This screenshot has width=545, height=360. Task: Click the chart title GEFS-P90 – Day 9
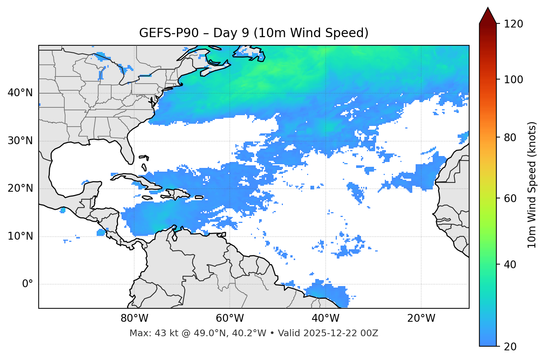click(x=254, y=33)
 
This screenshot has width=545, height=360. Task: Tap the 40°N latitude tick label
click(x=20, y=93)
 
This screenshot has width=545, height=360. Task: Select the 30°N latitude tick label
click(x=20, y=141)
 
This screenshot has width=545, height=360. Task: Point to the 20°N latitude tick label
click(x=20, y=188)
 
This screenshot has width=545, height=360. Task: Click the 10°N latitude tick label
click(x=20, y=236)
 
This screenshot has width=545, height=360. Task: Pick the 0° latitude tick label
click(x=27, y=284)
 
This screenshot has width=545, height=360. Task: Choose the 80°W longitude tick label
click(x=134, y=318)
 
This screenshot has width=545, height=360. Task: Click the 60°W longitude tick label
click(x=230, y=318)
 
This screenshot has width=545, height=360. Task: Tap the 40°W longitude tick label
click(x=325, y=318)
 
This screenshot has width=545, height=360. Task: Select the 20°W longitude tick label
click(x=421, y=318)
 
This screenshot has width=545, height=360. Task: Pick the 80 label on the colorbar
click(x=512, y=137)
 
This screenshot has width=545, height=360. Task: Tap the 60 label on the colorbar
click(x=512, y=198)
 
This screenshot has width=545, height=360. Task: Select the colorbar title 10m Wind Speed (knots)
click(x=532, y=185)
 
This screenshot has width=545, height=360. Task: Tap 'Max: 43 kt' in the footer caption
click(x=147, y=333)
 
